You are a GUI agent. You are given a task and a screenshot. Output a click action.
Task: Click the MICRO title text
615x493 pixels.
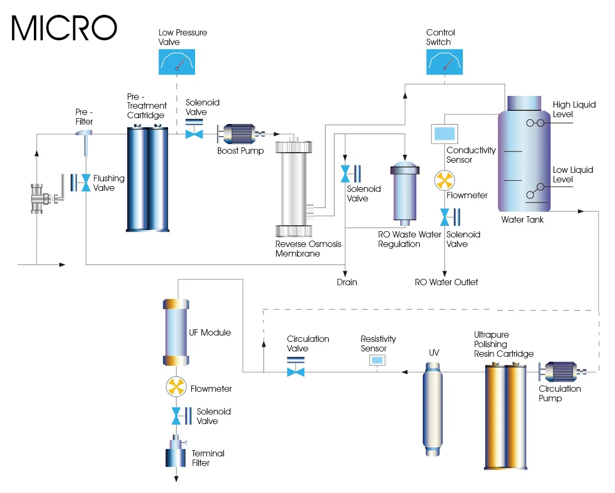click(64, 28)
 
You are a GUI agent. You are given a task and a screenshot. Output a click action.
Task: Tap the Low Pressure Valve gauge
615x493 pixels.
click(177, 61)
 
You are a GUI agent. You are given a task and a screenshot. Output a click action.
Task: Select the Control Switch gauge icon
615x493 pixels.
click(444, 61)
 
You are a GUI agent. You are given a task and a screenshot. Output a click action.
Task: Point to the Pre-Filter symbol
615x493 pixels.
click(85, 140)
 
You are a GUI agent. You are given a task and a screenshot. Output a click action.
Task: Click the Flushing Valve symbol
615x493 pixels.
click(82, 182)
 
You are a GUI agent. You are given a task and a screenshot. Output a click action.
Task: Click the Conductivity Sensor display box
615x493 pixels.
click(444, 133)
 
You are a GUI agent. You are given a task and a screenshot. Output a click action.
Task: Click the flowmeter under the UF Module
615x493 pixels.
click(175, 388)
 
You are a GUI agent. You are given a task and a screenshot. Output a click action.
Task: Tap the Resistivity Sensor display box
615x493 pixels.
click(377, 360)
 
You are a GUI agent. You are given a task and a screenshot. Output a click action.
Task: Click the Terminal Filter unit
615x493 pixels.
click(175, 452)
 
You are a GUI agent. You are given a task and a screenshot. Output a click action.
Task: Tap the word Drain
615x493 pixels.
click(347, 282)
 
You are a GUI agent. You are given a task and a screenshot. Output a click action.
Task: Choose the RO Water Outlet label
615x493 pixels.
click(446, 282)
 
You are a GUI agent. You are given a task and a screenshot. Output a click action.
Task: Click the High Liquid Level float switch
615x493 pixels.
click(535, 123)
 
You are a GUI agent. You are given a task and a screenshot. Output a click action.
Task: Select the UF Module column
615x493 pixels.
click(175, 332)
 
